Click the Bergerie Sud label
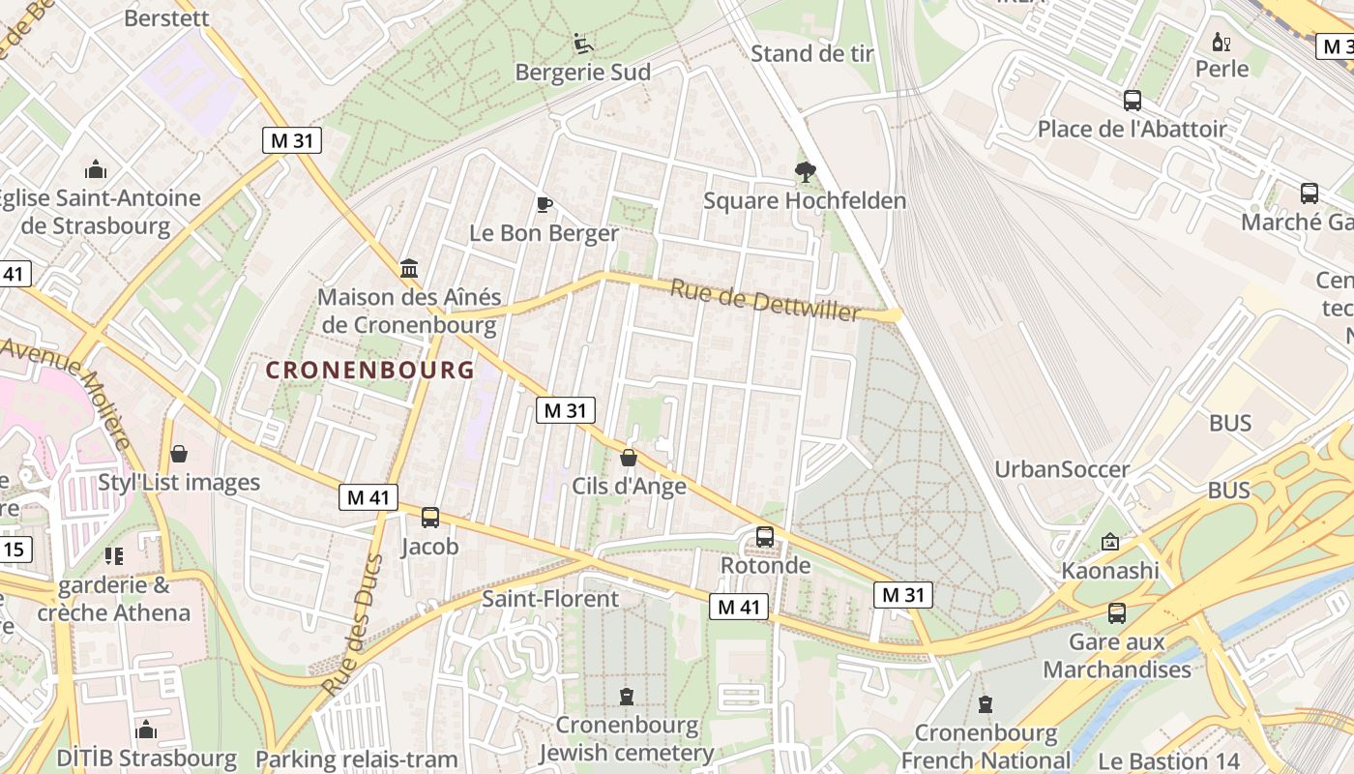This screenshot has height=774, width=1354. [x=582, y=73]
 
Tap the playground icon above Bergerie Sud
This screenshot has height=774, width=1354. [x=582, y=44]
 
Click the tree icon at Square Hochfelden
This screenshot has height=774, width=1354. [x=805, y=173]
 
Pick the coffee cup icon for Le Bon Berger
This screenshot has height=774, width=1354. [x=544, y=204]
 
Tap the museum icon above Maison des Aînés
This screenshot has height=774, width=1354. [x=409, y=268]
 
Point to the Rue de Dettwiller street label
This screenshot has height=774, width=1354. [x=765, y=300]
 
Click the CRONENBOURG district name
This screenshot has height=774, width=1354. [x=370, y=370]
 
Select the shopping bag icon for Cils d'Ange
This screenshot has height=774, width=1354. [x=629, y=458]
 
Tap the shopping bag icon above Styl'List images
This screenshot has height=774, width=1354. [x=179, y=454]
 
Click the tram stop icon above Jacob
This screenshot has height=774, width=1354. [x=430, y=518]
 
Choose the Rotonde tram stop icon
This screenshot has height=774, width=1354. [x=765, y=536]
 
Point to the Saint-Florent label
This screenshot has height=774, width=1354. [x=550, y=599]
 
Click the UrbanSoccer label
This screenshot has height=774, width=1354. [x=1062, y=470]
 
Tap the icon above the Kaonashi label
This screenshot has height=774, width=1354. [x=1109, y=543]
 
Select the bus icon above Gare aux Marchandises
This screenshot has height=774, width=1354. [x=1117, y=612]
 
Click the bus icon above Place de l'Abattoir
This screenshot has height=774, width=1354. [x=1132, y=100]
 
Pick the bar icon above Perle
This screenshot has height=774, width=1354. [x=1222, y=42]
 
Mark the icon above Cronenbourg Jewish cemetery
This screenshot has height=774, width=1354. [x=627, y=697]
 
